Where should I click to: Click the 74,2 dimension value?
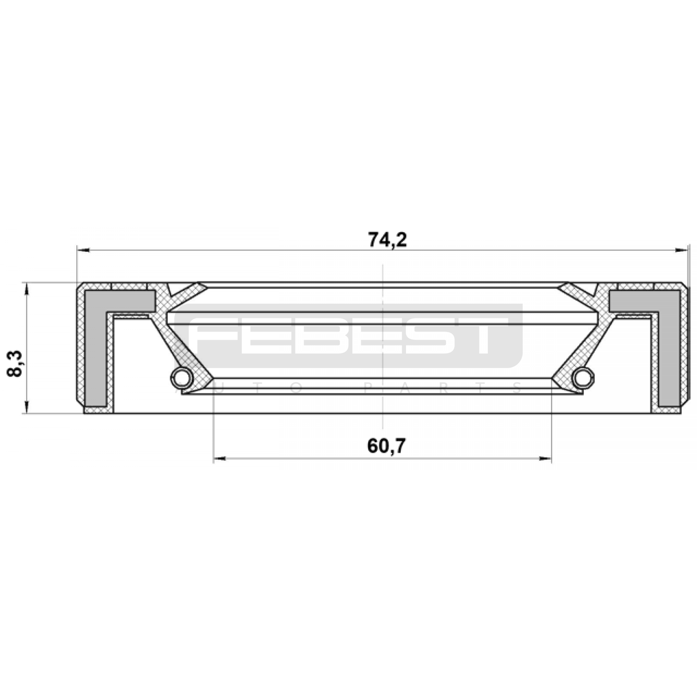coord(387,240)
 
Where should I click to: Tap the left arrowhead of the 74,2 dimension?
coord(83,250)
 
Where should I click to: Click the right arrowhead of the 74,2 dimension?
coord(682,250)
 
